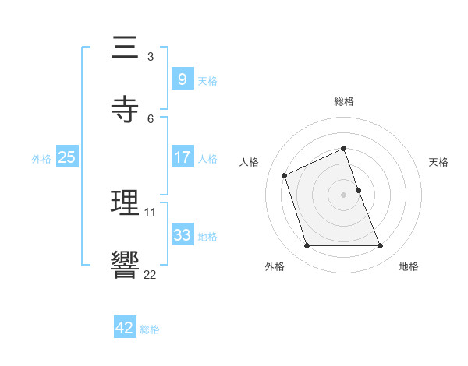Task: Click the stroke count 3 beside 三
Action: click(x=151, y=57)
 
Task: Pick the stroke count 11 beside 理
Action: click(x=151, y=212)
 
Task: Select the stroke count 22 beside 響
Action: click(x=151, y=273)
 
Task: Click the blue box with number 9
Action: click(x=182, y=79)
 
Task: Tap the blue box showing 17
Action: click(x=182, y=157)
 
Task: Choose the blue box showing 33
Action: click(x=182, y=234)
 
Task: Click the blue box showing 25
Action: click(x=66, y=157)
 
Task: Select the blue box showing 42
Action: click(x=125, y=328)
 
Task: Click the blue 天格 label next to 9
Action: click(x=207, y=80)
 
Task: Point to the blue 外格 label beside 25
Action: click(x=41, y=158)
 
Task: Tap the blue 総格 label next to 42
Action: click(x=150, y=329)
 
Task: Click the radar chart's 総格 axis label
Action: click(x=344, y=101)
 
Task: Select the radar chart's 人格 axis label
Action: click(x=250, y=162)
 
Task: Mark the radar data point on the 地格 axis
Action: click(x=381, y=246)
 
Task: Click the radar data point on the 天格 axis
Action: click(x=358, y=190)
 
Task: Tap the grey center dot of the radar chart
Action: click(x=344, y=195)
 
